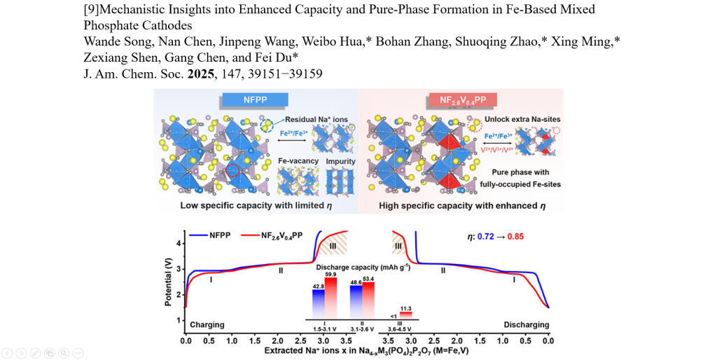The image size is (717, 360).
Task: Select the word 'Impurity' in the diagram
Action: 340,161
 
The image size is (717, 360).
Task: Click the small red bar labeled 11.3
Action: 406,314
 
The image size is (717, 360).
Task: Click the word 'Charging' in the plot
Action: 207,325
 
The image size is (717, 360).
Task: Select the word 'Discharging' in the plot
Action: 526,325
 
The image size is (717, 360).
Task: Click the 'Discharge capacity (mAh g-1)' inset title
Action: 363,268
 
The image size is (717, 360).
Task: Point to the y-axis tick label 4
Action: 180,243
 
